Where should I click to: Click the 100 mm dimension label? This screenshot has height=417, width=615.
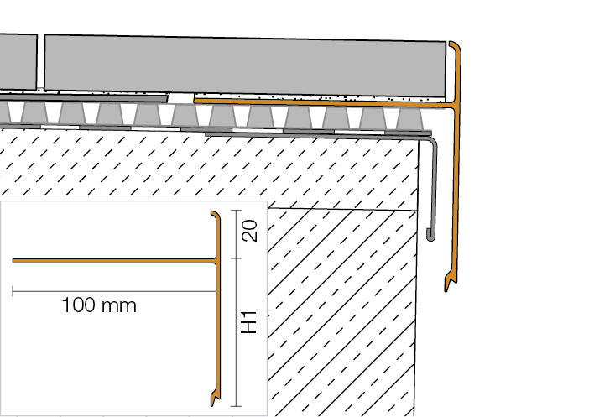click(99, 305)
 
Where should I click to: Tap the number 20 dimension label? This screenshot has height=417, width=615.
click(250, 231)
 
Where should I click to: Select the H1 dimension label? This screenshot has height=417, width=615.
click(249, 322)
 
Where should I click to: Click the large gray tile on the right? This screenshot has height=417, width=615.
click(245, 66)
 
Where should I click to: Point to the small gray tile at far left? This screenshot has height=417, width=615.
click(18, 62)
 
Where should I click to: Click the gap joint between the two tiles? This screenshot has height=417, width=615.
click(41, 62)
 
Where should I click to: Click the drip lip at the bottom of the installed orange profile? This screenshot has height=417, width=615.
click(448, 284)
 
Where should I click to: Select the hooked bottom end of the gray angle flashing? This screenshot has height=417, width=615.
click(430, 236)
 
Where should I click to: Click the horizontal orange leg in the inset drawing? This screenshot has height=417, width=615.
click(114, 261)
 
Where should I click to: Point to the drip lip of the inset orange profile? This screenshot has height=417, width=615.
click(214, 399)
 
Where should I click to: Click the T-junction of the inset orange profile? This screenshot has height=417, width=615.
click(217, 261)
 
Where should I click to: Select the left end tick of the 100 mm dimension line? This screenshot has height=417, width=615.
click(13, 291)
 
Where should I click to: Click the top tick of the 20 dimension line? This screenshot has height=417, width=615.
click(236, 211)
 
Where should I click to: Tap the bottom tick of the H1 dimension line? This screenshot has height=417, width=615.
click(236, 406)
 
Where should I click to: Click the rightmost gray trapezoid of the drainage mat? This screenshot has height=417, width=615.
click(410, 118)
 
